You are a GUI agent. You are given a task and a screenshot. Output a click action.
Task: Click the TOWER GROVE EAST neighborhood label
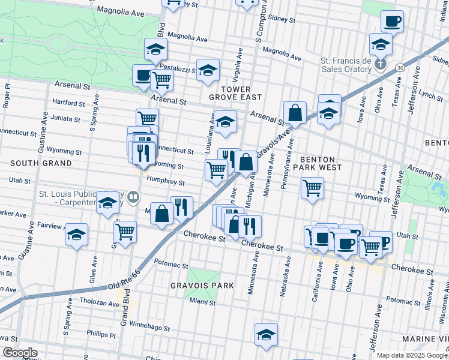point(235,91)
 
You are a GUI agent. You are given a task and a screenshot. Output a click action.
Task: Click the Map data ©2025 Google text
point(412,355)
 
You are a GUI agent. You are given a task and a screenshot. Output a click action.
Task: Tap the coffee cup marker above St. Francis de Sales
point(392,22)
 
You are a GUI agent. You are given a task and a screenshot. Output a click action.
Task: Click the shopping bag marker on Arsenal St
point(295,112)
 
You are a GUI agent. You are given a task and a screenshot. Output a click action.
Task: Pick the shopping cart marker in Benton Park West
point(312,189)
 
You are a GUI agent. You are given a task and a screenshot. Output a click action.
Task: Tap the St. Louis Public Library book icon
point(136,196)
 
